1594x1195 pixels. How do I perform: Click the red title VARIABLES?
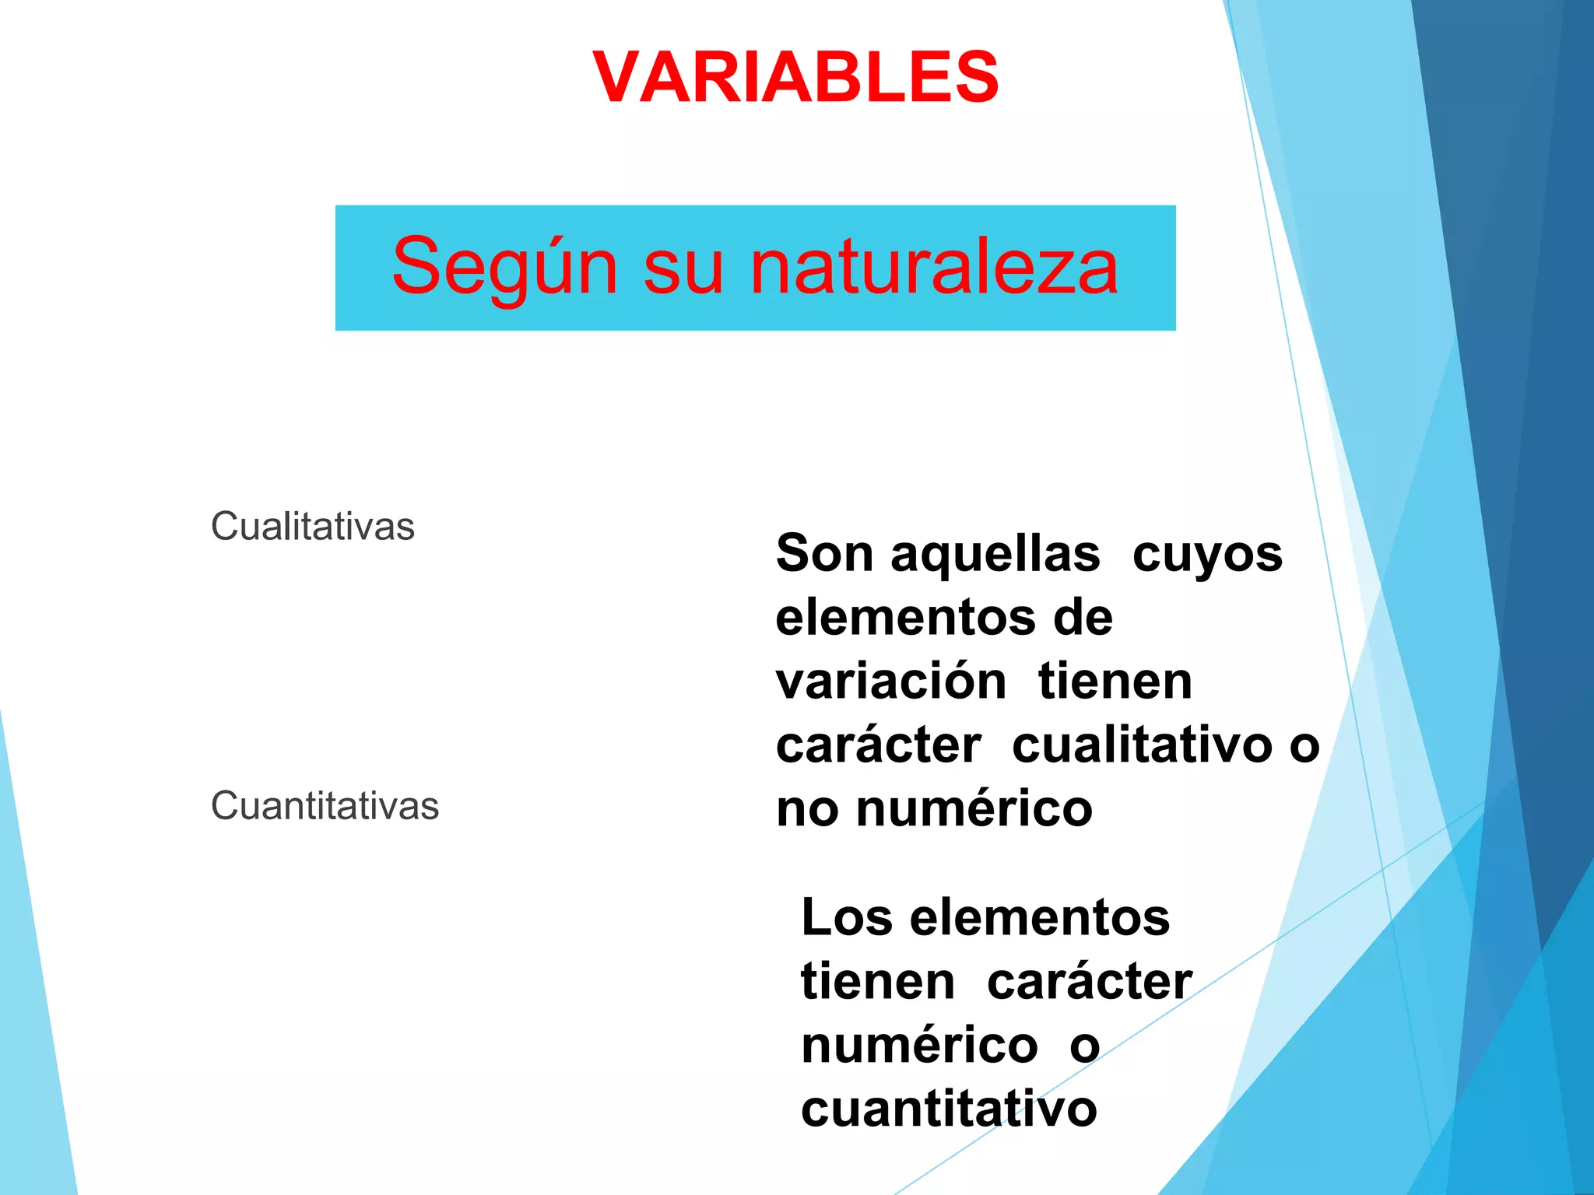click(795, 77)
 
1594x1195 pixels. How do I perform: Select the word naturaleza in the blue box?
click(933, 267)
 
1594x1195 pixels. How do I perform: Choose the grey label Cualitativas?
click(313, 527)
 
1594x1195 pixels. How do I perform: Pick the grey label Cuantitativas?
click(325, 806)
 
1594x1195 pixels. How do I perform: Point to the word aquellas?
click(995, 554)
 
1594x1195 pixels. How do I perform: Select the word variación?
click(891, 682)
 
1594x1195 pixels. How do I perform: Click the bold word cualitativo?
click(1142, 745)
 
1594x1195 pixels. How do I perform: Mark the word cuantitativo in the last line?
click(949, 1109)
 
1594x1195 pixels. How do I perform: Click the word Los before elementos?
click(846, 918)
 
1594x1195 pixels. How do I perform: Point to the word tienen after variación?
click(1115, 682)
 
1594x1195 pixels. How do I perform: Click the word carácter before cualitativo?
click(879, 745)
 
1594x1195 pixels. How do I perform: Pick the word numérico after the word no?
click(974, 809)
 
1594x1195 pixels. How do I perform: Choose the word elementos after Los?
click(1040, 918)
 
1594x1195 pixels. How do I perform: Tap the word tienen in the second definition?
click(878, 982)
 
